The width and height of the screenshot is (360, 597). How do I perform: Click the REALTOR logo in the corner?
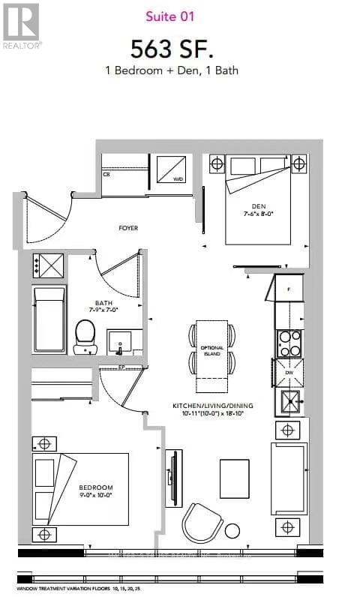21,24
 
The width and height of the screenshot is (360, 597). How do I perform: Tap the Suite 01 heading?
179,15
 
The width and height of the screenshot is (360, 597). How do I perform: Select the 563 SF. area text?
172,49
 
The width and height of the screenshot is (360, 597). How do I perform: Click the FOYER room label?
128,227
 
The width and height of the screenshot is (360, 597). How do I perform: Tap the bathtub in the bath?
49,318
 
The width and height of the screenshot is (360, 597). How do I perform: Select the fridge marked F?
289,288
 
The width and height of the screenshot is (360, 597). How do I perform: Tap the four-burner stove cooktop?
289,343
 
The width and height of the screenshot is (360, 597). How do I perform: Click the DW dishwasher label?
289,372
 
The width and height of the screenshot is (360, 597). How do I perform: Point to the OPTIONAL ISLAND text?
211,351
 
